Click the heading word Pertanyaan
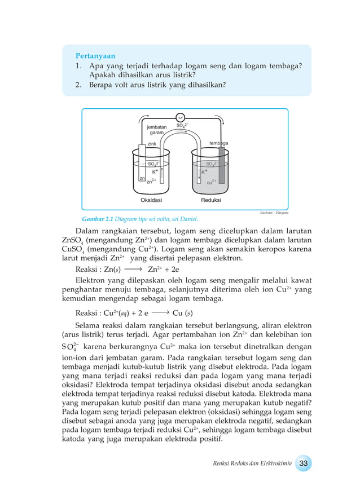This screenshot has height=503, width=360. pos(95,56)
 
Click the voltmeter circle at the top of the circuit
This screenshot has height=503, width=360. pos(181,117)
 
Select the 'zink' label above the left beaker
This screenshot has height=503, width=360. pos(152,144)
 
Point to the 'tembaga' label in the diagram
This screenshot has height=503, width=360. pos(218,143)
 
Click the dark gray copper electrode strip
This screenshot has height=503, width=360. pos(222,163)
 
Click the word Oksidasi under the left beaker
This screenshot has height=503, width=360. pos(151,200)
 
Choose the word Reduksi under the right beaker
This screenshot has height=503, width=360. pos(211,200)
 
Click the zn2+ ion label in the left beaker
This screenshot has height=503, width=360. pos(151,182)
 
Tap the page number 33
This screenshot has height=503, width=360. pos(303,464)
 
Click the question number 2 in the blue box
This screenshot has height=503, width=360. pos(77,85)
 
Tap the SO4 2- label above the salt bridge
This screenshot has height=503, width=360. pos(182,126)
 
